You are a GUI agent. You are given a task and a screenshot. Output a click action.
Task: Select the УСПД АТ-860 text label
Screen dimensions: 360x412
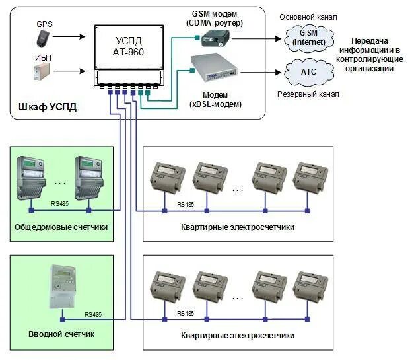click(x=129, y=44)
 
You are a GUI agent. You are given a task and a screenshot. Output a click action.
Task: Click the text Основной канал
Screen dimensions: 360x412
click(x=308, y=15)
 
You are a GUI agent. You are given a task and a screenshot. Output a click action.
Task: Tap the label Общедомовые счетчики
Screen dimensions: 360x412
click(x=61, y=227)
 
